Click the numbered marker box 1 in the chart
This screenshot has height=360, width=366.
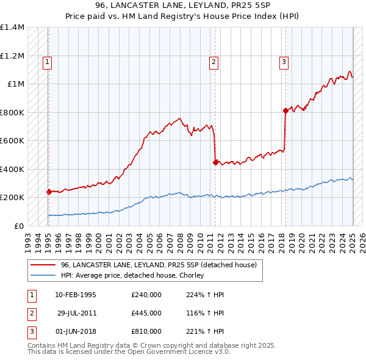point(47,61)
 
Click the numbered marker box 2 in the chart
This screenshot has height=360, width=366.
point(214,61)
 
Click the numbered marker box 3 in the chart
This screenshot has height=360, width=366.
point(284,61)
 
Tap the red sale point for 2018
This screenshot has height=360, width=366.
point(285,110)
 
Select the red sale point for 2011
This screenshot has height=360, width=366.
point(215,162)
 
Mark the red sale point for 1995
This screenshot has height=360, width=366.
point(49,191)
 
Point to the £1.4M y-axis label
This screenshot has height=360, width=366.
point(12,27)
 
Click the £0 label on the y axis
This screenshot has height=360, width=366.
point(20,226)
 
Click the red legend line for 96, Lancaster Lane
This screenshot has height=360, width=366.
point(43,265)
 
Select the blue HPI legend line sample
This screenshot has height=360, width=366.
point(43,275)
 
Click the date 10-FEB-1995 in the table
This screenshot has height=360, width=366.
point(76,295)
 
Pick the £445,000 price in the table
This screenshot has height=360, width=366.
point(146,313)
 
